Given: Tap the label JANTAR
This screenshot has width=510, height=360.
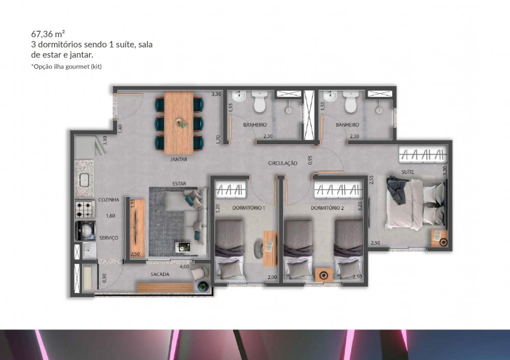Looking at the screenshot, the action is pos(178,160).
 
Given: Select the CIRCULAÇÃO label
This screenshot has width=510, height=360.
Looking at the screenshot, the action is pos(283,163).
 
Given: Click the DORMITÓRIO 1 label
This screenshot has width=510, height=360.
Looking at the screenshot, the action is pos(248,208).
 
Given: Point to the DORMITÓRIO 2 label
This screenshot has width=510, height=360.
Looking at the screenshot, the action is pos(327,208).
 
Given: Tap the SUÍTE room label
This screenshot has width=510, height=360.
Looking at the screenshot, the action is pos(407,172).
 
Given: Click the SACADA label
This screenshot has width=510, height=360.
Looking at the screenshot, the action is pos(160,274).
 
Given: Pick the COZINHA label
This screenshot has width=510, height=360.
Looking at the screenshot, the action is pos(109,200).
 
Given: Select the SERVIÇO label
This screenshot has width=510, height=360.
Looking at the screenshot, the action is pos(109,238).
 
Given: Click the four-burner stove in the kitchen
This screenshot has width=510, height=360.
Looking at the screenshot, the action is pos(85,210).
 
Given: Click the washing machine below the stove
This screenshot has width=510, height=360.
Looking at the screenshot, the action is pos(85,230).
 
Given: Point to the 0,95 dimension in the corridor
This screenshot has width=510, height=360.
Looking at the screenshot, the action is pos(310,160).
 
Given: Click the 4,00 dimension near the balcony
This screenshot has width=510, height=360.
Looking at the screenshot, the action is pos(184,267).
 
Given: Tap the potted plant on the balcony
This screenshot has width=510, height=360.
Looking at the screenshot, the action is pos(203,286).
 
